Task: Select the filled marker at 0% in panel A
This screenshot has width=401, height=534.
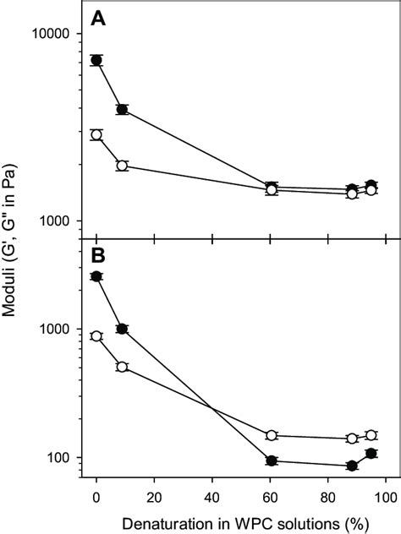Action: click(96, 60)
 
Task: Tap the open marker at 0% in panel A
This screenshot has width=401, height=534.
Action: click(96, 134)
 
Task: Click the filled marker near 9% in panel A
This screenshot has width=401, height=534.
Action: click(122, 109)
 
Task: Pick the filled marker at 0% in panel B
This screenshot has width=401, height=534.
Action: click(96, 276)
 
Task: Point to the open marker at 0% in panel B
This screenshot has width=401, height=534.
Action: click(96, 336)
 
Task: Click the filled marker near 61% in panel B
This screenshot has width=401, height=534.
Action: click(272, 460)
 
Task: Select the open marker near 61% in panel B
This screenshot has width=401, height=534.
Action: click(272, 435)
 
